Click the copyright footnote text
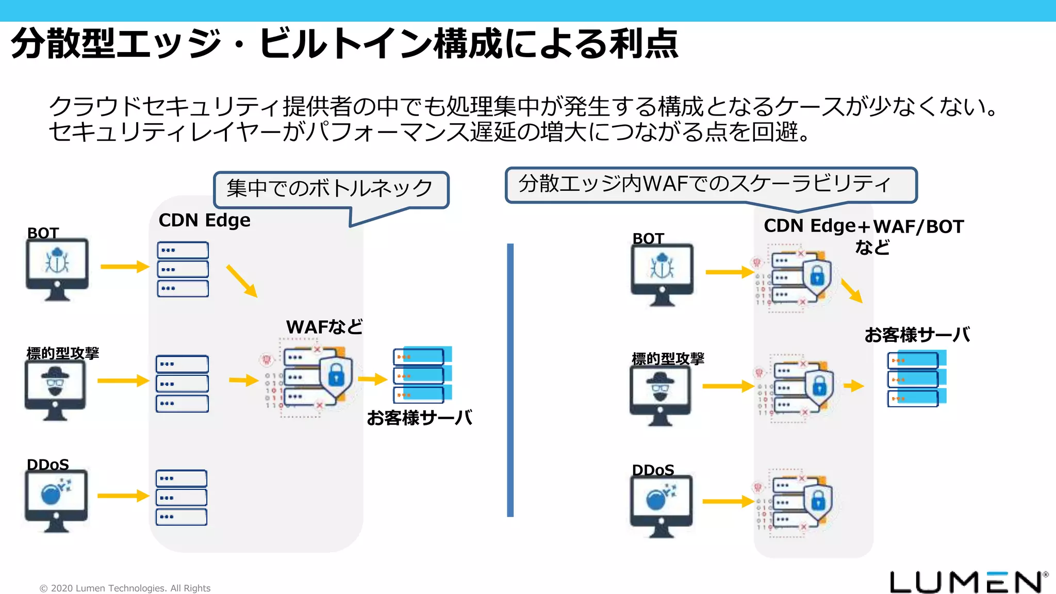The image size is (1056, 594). (x=125, y=588)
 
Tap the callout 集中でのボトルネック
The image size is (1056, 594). (x=330, y=189)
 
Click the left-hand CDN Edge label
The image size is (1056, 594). (x=204, y=220)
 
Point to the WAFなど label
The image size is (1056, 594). (x=324, y=327)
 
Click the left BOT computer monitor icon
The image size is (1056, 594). (x=57, y=269)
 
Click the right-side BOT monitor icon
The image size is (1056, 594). (x=662, y=274)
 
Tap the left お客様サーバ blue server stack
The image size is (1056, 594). (x=422, y=375)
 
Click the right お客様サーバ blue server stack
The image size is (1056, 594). (x=916, y=379)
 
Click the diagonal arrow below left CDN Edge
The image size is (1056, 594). (x=241, y=281)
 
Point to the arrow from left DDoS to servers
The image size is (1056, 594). (x=123, y=496)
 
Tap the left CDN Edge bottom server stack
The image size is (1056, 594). (x=181, y=498)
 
